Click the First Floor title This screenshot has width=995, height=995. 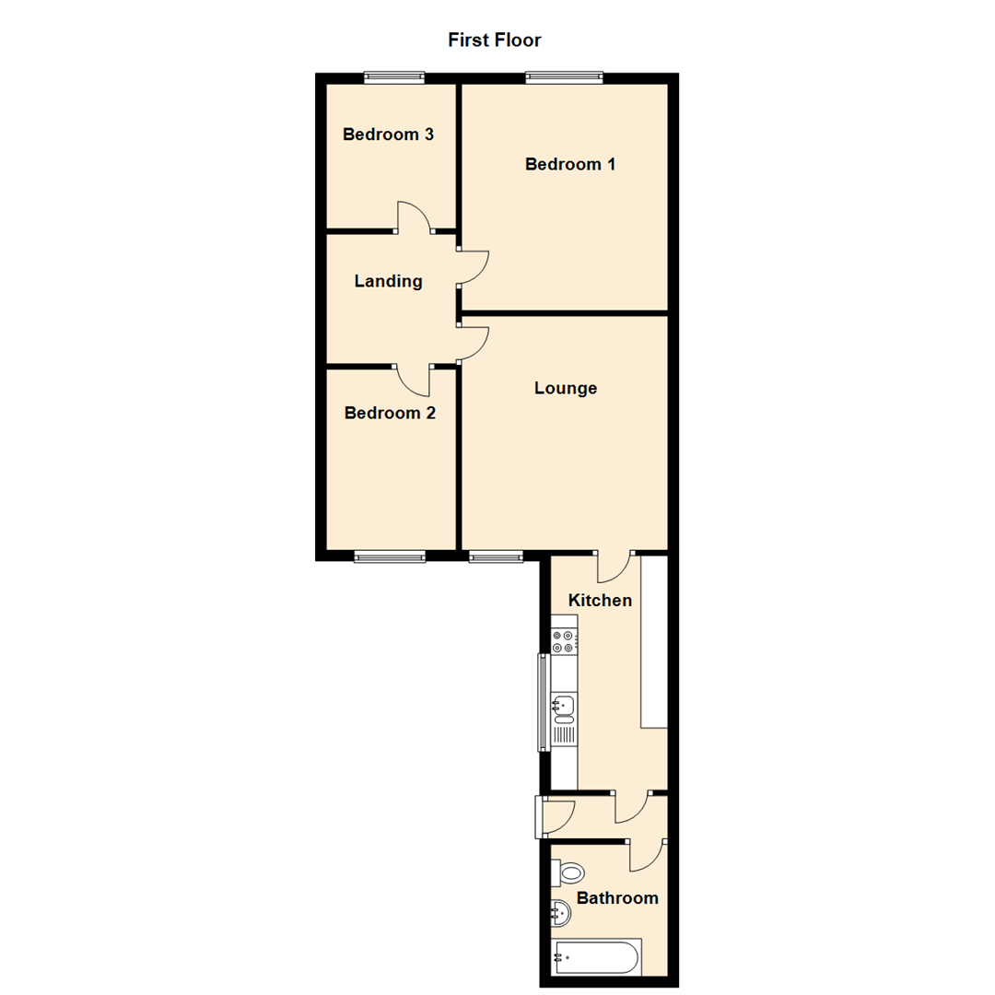[494, 40]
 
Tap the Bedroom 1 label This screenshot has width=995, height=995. [570, 164]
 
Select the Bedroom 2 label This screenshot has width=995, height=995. [390, 413]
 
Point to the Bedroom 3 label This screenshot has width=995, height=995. [388, 135]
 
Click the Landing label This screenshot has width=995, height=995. [388, 281]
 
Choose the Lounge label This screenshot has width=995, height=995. [566, 388]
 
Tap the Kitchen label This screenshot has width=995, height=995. [600, 601]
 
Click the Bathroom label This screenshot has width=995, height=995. [617, 897]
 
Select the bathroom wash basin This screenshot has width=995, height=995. [560, 914]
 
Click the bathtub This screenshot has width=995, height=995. [596, 957]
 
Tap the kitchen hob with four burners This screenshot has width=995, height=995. [564, 641]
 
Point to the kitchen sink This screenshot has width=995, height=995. [564, 708]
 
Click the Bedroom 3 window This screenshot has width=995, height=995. [393, 78]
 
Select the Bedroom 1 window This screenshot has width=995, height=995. [565, 78]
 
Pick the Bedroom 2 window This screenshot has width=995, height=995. [390, 556]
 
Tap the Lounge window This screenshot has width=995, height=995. [496, 556]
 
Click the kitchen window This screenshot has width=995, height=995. [543, 701]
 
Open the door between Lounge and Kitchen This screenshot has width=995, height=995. [614, 566]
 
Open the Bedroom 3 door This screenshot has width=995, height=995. [415, 217]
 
